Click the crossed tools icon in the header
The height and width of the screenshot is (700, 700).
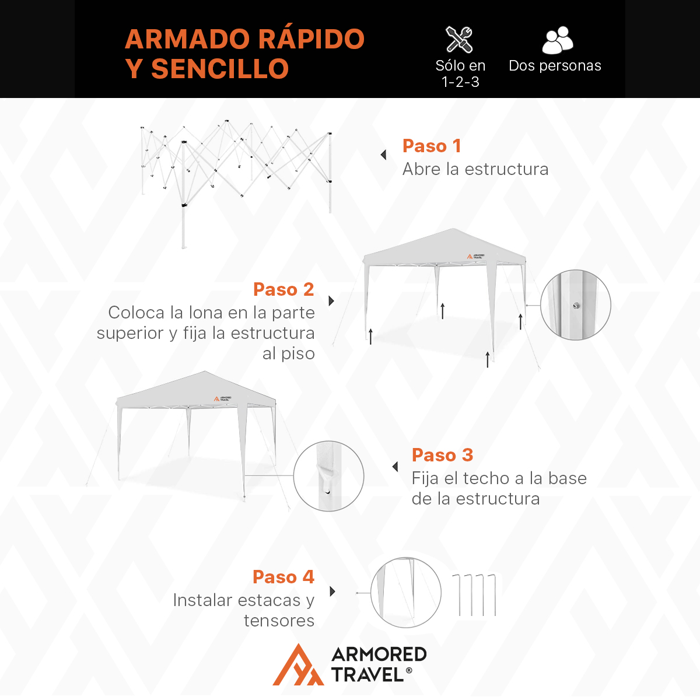tap(459, 40)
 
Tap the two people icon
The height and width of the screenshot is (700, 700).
tap(557, 40)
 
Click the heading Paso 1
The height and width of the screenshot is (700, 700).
tap(432, 146)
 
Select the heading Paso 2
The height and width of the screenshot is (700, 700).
tap(283, 289)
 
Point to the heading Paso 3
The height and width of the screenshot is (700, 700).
tap(442, 455)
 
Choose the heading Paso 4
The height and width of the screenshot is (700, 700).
tap(283, 577)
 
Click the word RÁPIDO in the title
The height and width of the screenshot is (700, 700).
tap(311, 40)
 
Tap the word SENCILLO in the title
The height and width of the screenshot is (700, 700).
tap(220, 69)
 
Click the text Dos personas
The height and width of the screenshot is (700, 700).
tap(555, 66)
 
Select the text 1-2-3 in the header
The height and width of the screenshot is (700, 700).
tap(460, 82)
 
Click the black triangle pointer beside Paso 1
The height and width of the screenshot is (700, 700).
tap(383, 155)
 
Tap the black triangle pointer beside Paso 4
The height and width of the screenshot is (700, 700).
tap(332, 591)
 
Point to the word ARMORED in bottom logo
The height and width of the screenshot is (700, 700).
tap(379, 654)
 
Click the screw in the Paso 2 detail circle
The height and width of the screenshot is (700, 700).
tap(576, 304)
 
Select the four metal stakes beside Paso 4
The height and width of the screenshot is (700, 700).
tap(474, 594)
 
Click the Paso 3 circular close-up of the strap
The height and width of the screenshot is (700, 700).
tap(328, 476)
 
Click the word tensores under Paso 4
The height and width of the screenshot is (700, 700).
tap(279, 621)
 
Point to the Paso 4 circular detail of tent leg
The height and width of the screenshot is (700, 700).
tap(405, 593)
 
